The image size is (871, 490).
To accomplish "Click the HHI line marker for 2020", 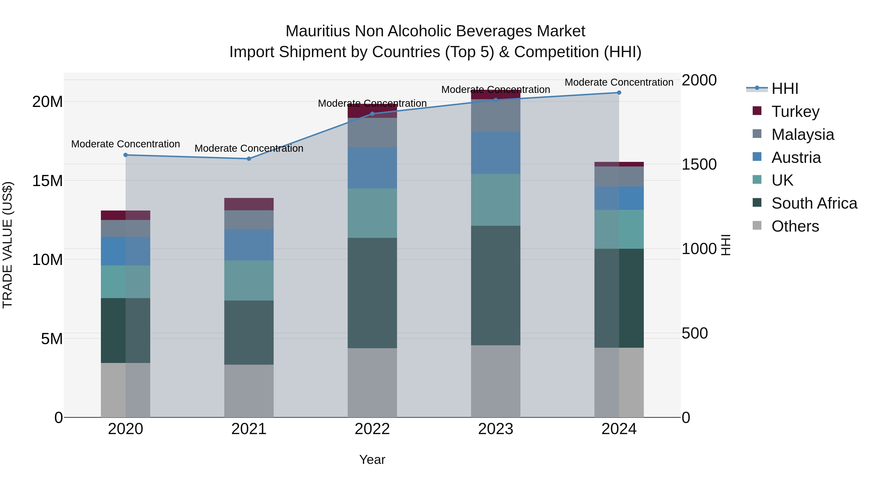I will point(125,155).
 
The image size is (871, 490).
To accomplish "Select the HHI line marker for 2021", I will point(249,158).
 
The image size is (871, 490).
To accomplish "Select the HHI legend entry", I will point(784,89).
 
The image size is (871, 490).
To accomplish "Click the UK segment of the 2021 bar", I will point(249,280).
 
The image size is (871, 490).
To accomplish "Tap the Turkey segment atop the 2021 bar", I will point(249,204).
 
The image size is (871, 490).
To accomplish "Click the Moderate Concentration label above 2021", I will point(249,149).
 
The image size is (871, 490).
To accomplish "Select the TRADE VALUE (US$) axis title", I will point(8,245).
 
